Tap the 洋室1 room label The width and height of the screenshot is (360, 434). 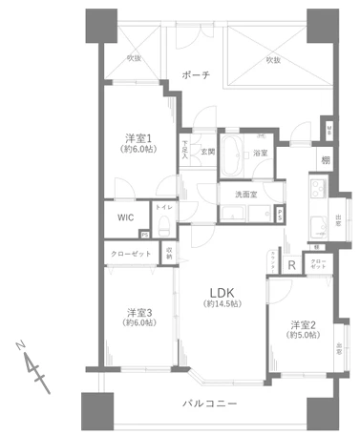pos(136,139)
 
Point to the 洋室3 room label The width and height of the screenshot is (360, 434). pos(140,312)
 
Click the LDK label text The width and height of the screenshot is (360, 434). pos(222,292)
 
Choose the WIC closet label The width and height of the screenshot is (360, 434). pos(126,217)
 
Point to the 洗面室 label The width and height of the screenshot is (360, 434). pos(247,196)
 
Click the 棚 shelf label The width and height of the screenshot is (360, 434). pos(326,161)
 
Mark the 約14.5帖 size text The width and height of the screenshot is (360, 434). pos(221,304)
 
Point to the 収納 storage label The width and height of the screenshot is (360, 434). pos(168,254)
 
